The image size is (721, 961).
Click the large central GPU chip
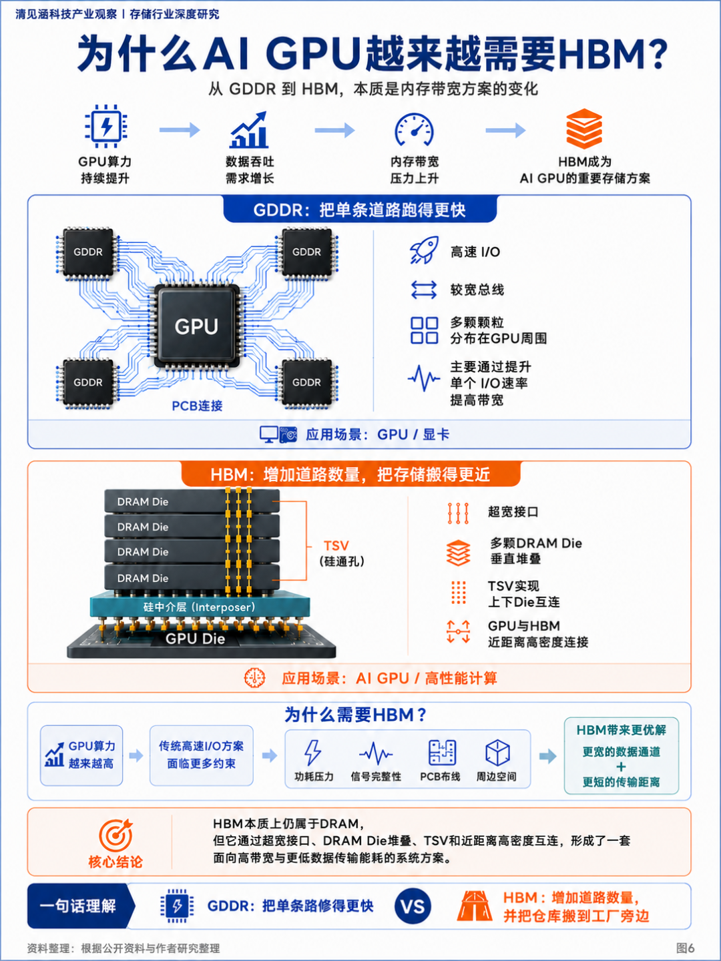[196, 326]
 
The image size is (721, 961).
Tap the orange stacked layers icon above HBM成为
[584, 129]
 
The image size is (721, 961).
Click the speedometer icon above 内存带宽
[414, 129]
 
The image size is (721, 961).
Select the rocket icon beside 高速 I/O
[424, 250]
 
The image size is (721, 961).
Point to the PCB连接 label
[197, 406]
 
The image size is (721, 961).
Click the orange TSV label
[336, 545]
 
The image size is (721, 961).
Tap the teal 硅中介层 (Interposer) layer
[200, 607]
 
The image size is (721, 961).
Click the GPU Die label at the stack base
[195, 639]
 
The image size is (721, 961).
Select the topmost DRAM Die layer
[192, 501]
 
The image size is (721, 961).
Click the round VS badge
[413, 906]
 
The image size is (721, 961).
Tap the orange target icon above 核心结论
[116, 835]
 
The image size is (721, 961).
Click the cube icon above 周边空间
[497, 753]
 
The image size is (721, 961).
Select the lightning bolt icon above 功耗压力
[313, 753]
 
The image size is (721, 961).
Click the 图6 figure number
[685, 948]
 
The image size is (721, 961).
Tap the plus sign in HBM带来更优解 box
[621, 767]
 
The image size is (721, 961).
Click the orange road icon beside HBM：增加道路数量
[475, 906]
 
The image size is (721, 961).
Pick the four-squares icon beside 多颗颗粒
[424, 330]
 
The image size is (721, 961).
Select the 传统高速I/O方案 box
[202, 755]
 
